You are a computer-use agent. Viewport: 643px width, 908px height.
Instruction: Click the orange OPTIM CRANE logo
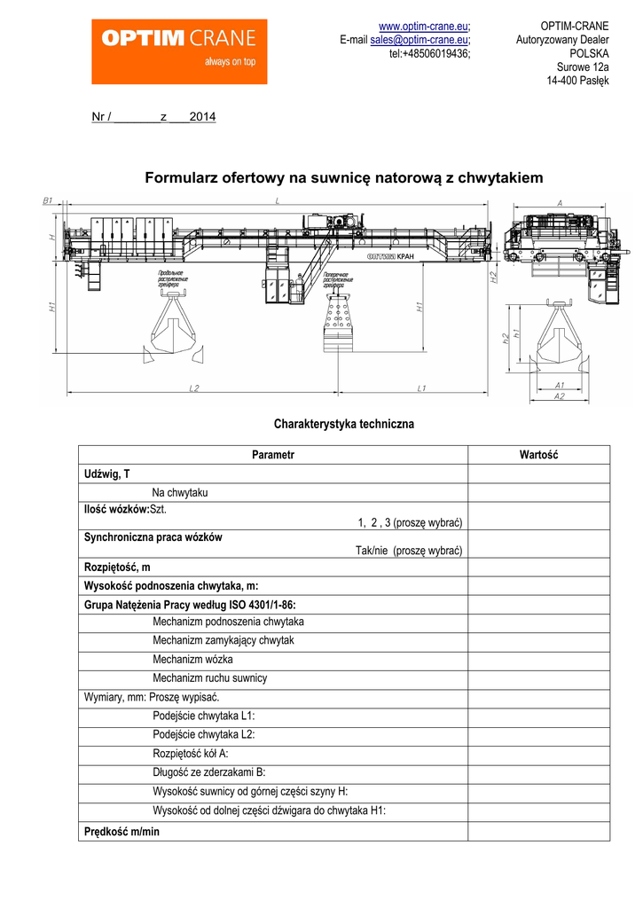pyautogui.click(x=179, y=51)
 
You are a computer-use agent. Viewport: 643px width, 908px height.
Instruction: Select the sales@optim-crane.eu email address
pyautogui.click(x=419, y=40)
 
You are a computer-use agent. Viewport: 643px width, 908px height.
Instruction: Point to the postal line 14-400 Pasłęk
pyautogui.click(x=577, y=82)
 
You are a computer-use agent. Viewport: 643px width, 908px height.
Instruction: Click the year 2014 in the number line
pyautogui.click(x=202, y=117)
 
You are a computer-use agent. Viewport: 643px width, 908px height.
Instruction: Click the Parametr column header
pyautogui.click(x=272, y=455)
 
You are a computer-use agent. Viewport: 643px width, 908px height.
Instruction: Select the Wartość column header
pyautogui.click(x=538, y=455)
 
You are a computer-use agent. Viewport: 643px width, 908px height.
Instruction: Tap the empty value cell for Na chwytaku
pyautogui.click(x=538, y=493)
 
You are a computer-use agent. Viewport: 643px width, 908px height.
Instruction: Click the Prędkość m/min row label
pyautogui.click(x=122, y=832)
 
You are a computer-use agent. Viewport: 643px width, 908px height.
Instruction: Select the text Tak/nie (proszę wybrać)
pyautogui.click(x=409, y=551)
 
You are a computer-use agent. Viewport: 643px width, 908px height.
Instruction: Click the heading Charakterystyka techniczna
pyautogui.click(x=343, y=425)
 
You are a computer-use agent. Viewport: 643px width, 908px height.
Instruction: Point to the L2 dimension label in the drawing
pyautogui.click(x=194, y=388)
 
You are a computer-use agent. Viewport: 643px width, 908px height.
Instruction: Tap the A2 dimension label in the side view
pyautogui.click(x=559, y=396)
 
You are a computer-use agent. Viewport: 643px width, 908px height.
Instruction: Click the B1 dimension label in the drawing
pyautogui.click(x=48, y=201)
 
